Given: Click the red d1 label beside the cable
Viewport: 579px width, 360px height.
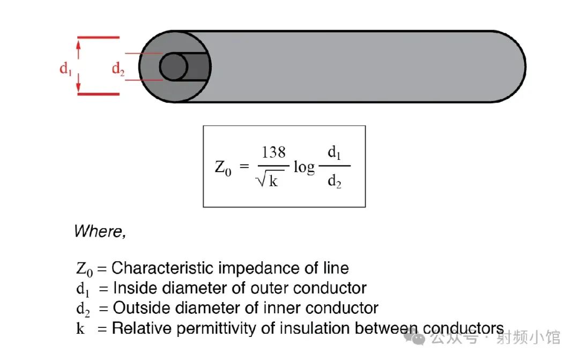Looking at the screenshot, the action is click(65, 69).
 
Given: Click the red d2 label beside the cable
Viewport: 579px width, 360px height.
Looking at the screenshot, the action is click(118, 69).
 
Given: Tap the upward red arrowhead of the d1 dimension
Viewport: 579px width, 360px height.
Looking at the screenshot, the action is click(78, 45).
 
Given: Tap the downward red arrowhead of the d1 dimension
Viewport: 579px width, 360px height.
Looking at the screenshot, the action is click(78, 86).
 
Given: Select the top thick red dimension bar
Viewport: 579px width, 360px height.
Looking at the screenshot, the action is click(98, 38).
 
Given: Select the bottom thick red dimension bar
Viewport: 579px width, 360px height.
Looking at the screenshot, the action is click(98, 94).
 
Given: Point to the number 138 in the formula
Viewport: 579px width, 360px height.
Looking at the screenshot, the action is click(273, 152).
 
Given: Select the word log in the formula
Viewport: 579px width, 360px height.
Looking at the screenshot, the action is click(305, 167).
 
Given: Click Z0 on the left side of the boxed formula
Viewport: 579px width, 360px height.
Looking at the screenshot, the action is click(223, 168).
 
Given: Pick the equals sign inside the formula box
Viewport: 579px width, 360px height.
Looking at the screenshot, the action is click(244, 166).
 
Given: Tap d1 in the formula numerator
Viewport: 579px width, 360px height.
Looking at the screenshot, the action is click(334, 152).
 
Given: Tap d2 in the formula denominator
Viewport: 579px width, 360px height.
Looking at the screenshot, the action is click(334, 181).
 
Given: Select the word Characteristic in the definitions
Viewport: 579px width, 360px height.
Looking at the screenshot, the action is click(162, 268).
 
